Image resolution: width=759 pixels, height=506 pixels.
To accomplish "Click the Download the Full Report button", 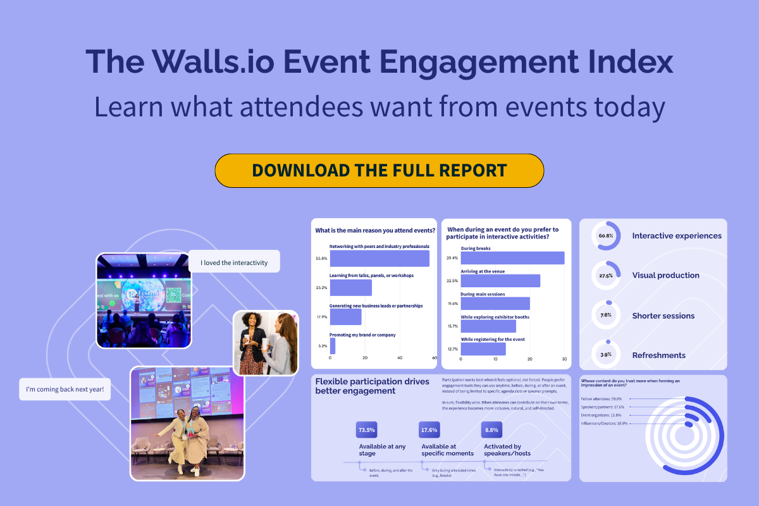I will click(379, 170).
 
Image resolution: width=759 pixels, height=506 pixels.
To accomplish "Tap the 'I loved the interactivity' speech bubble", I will click(234, 262).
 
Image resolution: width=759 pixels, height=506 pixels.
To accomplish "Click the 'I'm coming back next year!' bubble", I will click(65, 389).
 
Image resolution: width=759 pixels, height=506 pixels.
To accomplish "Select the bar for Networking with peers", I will click(379, 259).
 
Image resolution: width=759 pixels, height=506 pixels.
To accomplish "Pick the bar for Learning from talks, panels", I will click(350, 288).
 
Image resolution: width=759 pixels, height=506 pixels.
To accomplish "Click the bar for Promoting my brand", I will click(333, 346).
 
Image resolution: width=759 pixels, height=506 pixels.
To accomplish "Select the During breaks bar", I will click(512, 258).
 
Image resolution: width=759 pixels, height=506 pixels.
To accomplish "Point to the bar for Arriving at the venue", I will click(500, 281).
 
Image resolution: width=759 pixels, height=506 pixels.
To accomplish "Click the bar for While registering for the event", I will click(483, 349).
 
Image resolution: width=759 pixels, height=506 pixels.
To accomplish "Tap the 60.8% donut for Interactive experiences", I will click(606, 236).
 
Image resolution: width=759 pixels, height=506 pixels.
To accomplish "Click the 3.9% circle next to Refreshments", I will click(606, 355).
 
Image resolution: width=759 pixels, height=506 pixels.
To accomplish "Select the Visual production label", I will click(665, 276).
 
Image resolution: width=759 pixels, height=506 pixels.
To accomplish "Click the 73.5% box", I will click(367, 430).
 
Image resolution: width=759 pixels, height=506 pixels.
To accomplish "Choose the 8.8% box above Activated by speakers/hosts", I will click(491, 430).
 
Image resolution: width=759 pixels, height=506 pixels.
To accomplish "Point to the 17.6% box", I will click(429, 430).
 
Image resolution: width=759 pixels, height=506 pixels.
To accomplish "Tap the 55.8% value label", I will click(321, 259).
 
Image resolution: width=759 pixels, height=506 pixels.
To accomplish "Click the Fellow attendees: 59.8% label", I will click(601, 399).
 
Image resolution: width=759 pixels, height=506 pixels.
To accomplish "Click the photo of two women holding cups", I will click(266, 342).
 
